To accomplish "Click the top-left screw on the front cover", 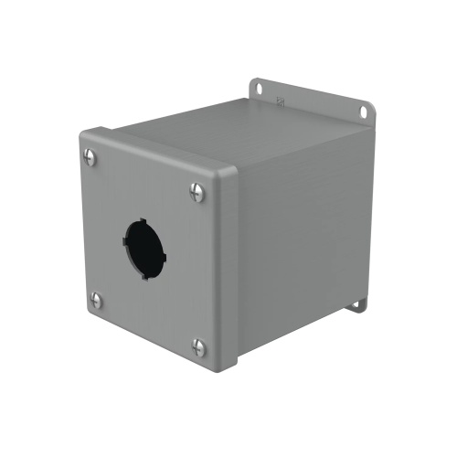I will point(90,157).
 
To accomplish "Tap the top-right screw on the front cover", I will point(197,191).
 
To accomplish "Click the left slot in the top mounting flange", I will point(258,89).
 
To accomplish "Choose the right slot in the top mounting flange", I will point(363,111).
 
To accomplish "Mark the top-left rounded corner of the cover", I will point(83,135).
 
